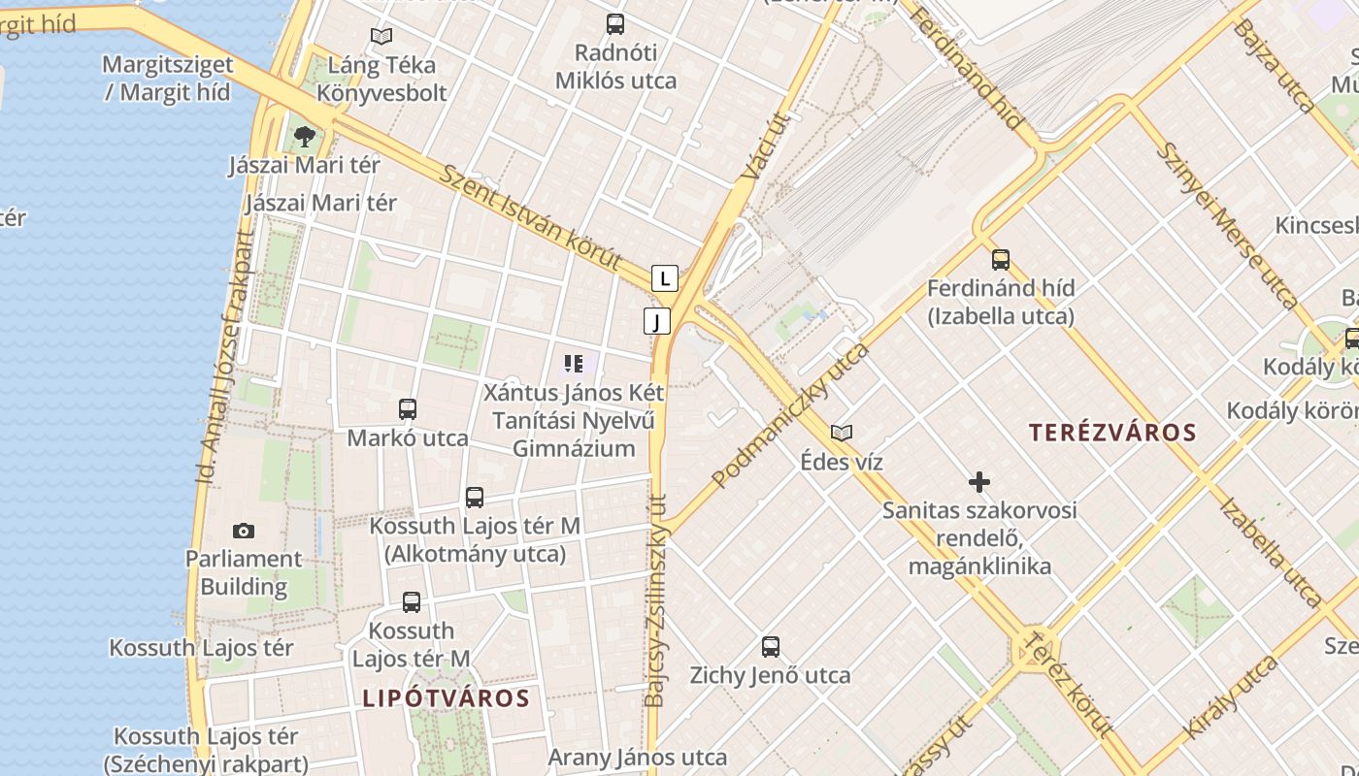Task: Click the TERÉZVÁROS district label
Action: point(1112,433)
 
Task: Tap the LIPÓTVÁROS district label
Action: point(447,698)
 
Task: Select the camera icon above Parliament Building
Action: point(244,531)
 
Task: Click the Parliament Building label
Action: point(244,572)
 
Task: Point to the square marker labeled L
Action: point(664,278)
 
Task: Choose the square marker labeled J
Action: point(657,321)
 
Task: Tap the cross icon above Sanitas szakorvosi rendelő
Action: point(979,481)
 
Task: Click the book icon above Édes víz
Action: point(842,433)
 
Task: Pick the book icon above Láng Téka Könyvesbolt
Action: point(381,37)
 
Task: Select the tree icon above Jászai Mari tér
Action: point(305,136)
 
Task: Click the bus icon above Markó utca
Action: point(408,409)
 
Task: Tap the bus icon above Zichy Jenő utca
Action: point(771,646)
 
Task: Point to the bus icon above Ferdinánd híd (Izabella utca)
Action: point(1001,260)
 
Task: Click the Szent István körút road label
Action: point(530,217)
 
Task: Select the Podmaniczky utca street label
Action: point(791,414)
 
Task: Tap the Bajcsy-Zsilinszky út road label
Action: point(656,601)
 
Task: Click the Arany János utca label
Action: point(638,758)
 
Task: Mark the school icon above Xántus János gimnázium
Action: point(574,364)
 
